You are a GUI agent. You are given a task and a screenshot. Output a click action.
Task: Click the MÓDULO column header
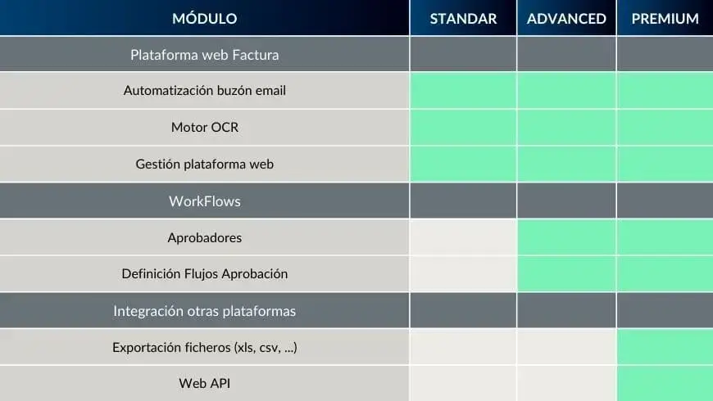[205, 18]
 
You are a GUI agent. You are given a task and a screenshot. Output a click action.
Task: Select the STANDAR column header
[463, 19]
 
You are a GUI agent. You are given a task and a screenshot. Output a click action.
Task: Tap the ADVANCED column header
[566, 19]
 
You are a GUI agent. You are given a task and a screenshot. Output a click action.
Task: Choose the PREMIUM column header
[665, 19]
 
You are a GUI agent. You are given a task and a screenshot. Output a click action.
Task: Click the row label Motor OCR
[205, 127]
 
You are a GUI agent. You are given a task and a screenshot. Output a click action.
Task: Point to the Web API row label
[205, 383]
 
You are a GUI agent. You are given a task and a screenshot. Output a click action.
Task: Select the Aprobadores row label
[205, 237]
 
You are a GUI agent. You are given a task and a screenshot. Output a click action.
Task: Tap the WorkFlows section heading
[205, 201]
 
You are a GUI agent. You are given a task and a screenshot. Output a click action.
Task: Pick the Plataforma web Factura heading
[205, 55]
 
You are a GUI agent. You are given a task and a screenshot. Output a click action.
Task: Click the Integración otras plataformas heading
[205, 311]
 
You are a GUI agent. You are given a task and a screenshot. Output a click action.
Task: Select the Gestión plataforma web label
[205, 164]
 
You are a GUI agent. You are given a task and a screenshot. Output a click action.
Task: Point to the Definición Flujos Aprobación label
[205, 274]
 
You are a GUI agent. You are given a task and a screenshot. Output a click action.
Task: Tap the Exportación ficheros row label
[205, 348]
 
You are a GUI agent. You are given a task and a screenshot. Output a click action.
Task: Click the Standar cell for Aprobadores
[463, 237]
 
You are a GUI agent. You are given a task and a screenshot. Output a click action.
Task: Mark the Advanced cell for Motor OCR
[566, 127]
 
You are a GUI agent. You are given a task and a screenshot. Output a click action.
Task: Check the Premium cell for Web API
[665, 384]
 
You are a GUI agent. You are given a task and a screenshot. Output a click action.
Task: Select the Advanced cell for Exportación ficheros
[566, 347]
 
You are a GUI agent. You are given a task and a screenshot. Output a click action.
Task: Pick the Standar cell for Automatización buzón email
[463, 90]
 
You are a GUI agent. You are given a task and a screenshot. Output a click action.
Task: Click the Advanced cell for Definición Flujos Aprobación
[566, 273]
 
